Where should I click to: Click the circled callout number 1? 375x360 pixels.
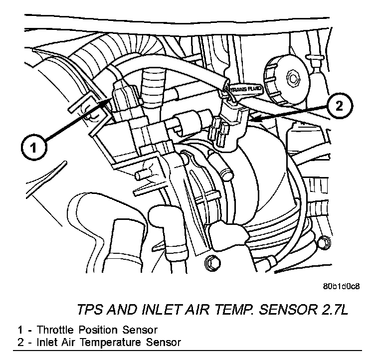pyautogui.click(x=33, y=147)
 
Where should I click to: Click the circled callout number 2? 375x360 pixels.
pyautogui.click(x=339, y=107)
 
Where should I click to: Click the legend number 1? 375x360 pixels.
pyautogui.click(x=20, y=330)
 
